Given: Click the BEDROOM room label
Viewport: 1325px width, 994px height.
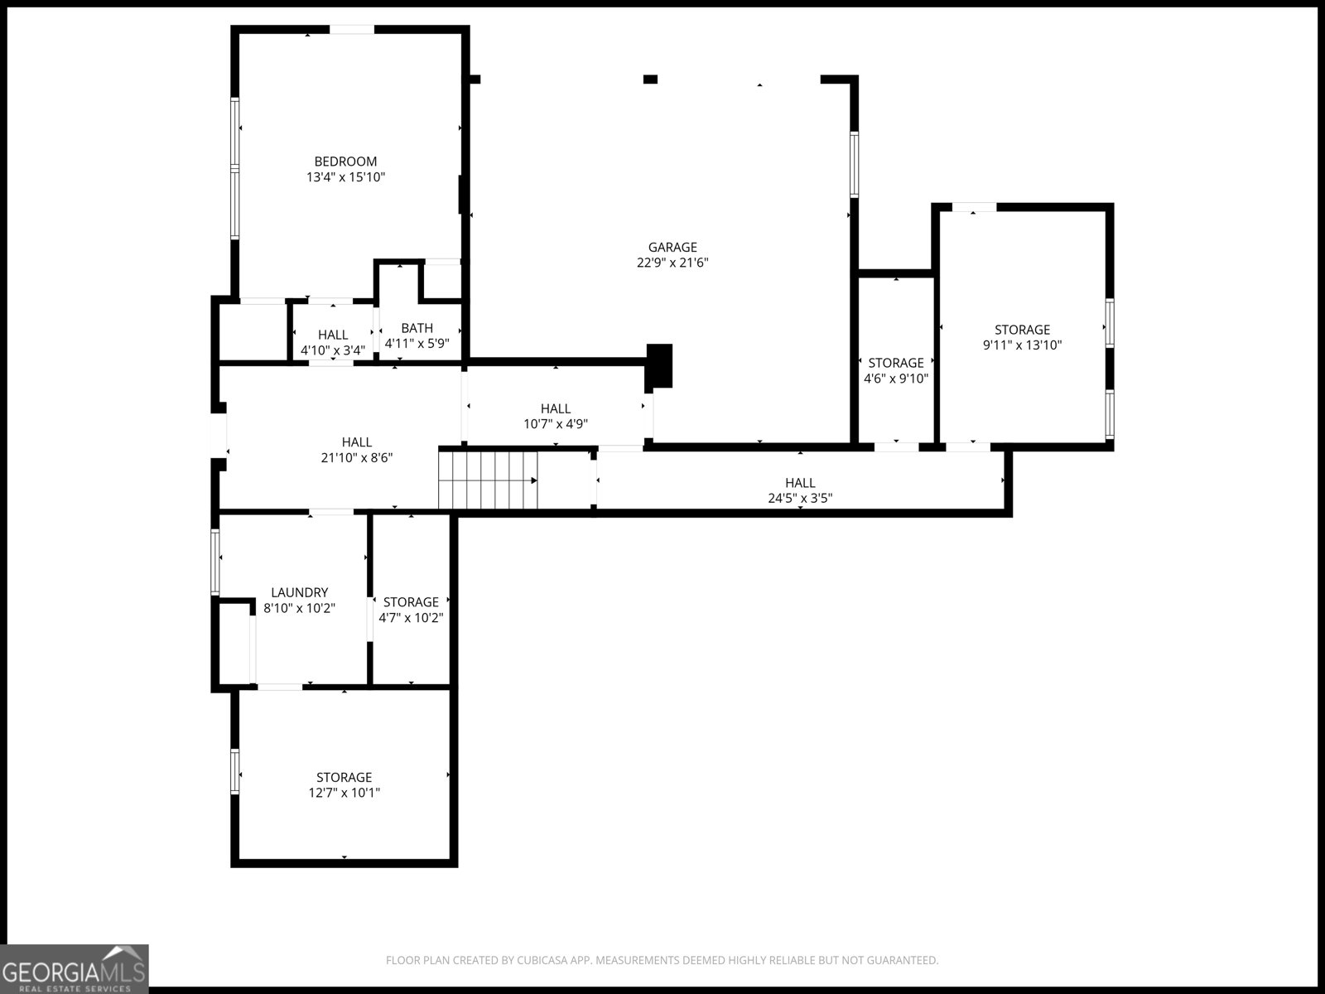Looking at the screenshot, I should pyautogui.click(x=345, y=162).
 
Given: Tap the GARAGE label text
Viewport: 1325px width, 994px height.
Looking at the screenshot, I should pyautogui.click(x=672, y=247).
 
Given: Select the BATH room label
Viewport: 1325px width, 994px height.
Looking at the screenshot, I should pyautogui.click(x=417, y=328).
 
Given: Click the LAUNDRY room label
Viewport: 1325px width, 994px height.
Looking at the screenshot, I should pyautogui.click(x=300, y=592).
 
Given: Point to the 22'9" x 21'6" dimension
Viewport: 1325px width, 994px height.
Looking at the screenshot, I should pyautogui.click(x=672, y=263).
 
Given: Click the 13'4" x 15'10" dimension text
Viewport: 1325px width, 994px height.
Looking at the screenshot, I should pyautogui.click(x=345, y=177).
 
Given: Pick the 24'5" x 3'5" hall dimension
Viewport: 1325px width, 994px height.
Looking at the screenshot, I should pyautogui.click(x=800, y=498).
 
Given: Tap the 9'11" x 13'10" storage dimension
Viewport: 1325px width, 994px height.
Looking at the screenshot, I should pyautogui.click(x=1022, y=345).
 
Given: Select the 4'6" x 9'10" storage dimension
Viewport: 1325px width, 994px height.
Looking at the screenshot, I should pyautogui.click(x=896, y=379).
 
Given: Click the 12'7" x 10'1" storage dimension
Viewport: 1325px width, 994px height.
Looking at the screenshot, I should pyautogui.click(x=344, y=793).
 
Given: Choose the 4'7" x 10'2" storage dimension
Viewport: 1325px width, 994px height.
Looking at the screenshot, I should pyautogui.click(x=411, y=618).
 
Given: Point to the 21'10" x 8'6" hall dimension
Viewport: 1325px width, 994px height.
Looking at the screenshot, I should pyautogui.click(x=356, y=457).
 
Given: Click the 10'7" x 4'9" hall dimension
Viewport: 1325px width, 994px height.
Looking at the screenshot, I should pyautogui.click(x=556, y=424).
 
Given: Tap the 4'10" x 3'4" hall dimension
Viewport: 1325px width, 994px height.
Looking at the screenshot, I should pyautogui.click(x=333, y=350).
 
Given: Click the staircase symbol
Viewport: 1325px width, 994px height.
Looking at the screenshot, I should pyautogui.click(x=489, y=480).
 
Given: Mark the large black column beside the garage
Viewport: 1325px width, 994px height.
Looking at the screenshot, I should pyautogui.click(x=659, y=364).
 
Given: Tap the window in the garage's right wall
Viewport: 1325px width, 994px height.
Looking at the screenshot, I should pyautogui.click(x=854, y=164).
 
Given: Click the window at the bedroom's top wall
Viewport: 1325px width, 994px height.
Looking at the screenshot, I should pyautogui.click(x=352, y=30).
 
